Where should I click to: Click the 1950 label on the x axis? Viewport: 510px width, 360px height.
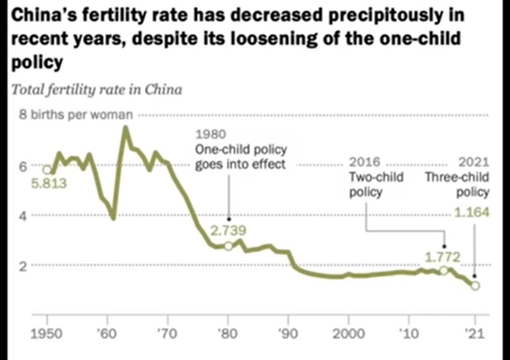point(47,335)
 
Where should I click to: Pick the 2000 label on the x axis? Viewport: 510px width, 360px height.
point(349,335)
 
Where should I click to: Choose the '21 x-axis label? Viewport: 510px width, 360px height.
point(475,335)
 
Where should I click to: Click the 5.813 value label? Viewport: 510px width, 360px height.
point(49,184)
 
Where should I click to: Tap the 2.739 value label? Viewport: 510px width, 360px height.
point(228,231)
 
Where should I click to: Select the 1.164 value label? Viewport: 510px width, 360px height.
point(472,212)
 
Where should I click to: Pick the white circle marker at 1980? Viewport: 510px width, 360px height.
point(228,246)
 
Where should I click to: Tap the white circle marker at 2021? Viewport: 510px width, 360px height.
point(475,286)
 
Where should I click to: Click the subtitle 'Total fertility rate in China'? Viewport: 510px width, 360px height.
point(97,90)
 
